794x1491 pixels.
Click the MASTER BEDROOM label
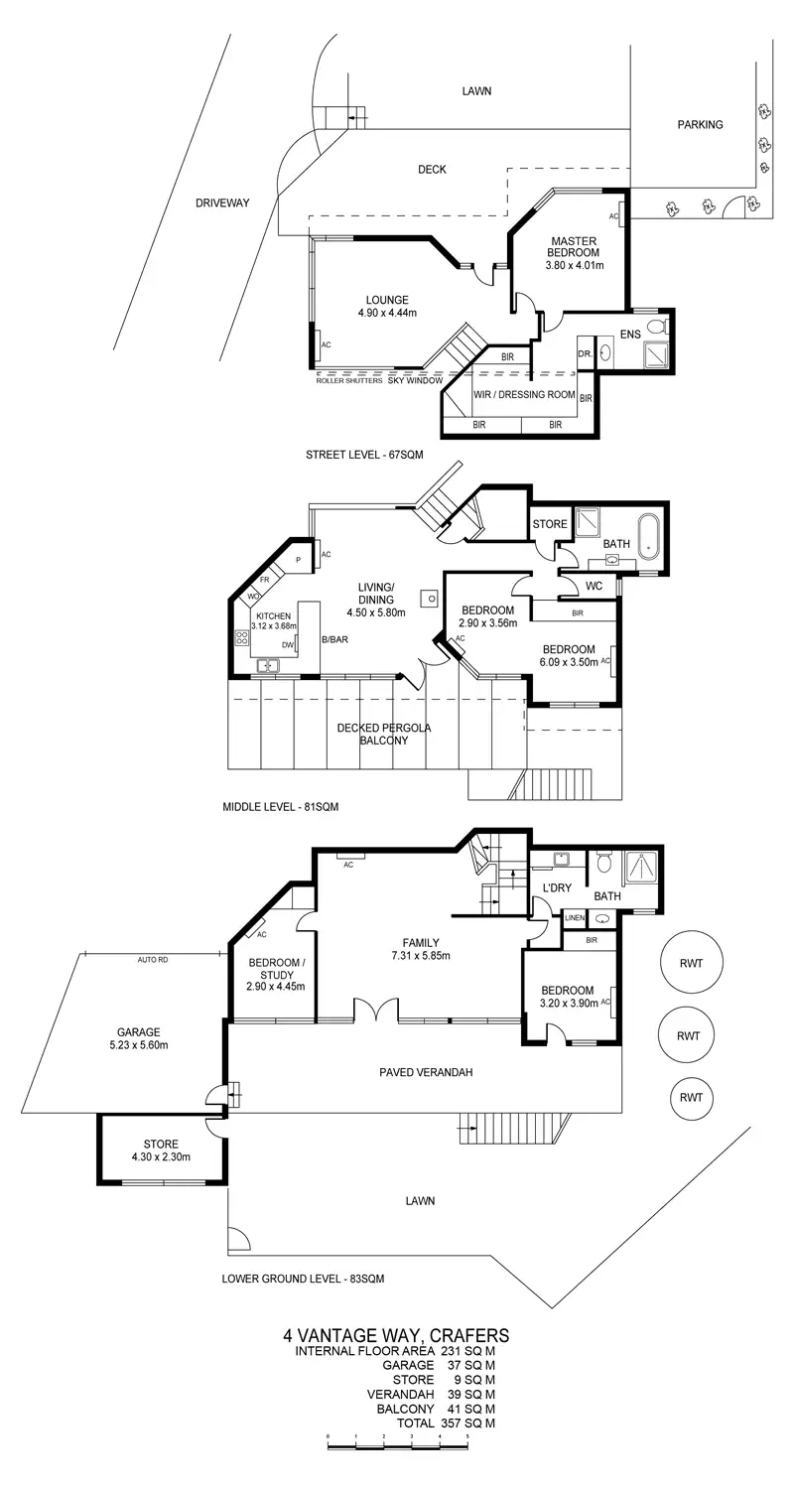point(574,247)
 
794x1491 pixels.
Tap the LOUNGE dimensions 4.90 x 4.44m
point(387,313)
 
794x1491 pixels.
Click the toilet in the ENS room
point(656,327)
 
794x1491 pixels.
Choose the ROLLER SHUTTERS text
point(348,380)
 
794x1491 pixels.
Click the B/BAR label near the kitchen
point(333,639)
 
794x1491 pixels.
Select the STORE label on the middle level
point(550,524)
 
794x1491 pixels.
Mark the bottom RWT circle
point(690,1097)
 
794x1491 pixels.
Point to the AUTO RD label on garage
point(153,960)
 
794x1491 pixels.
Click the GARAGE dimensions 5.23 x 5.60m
point(137,1045)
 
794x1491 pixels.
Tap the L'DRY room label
point(556,887)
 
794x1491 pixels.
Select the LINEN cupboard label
point(575,918)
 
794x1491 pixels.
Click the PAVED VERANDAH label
point(426,1072)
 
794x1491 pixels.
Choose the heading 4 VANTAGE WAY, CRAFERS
point(396,1335)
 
